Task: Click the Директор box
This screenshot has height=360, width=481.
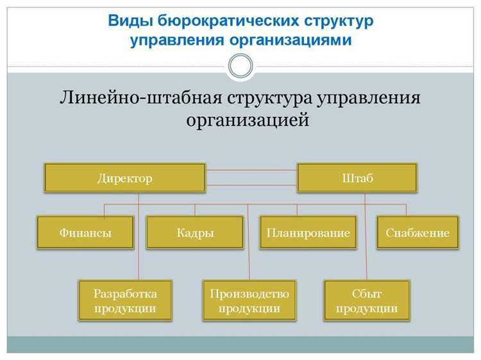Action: tap(125, 178)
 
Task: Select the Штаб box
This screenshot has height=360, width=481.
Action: tap(357, 178)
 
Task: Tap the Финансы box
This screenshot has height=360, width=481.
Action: tap(85, 232)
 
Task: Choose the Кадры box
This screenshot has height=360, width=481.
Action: tap(195, 232)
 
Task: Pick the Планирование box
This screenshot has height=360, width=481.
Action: tap(308, 232)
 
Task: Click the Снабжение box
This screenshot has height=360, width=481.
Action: tap(418, 232)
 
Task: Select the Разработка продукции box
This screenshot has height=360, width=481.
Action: tap(125, 300)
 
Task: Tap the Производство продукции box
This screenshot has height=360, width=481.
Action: tap(249, 300)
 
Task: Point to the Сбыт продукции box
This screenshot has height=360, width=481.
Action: tap(366, 300)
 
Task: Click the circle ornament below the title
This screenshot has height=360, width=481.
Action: tap(241, 65)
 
